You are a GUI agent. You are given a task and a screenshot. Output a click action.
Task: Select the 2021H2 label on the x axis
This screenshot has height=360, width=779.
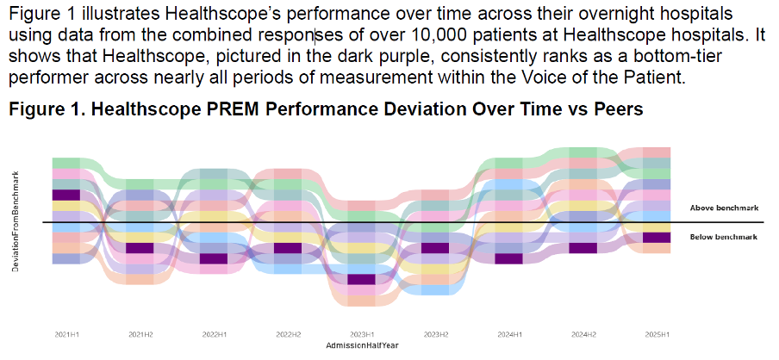140,332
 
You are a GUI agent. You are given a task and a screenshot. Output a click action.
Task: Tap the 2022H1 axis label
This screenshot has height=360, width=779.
214,332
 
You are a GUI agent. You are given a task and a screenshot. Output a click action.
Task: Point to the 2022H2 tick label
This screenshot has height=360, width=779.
288,332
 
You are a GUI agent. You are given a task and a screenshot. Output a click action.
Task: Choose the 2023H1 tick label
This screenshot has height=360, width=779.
362,332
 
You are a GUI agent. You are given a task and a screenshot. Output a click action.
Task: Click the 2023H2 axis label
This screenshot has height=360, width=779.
436,332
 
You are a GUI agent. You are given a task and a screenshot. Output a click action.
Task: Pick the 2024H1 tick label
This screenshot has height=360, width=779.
510,332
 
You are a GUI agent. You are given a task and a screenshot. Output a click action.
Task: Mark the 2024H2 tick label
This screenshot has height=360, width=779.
583,332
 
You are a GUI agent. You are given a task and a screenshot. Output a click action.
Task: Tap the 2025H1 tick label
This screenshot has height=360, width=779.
657,332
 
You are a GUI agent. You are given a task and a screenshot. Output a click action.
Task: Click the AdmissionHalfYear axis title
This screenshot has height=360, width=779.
362,344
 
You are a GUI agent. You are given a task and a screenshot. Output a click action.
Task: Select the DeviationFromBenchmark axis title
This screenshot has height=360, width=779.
16,221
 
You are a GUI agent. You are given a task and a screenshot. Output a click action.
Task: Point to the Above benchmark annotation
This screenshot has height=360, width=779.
723,208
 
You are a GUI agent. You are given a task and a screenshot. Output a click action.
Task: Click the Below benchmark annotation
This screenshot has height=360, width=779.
723,236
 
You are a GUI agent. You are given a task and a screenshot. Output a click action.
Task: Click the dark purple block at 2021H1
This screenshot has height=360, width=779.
65,195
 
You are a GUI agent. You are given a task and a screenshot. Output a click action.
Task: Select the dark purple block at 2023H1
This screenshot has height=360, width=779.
362,279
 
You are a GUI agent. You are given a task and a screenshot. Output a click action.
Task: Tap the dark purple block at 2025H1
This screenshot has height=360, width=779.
657,238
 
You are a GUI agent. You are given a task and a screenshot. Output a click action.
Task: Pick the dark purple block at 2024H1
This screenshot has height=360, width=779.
510,258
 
